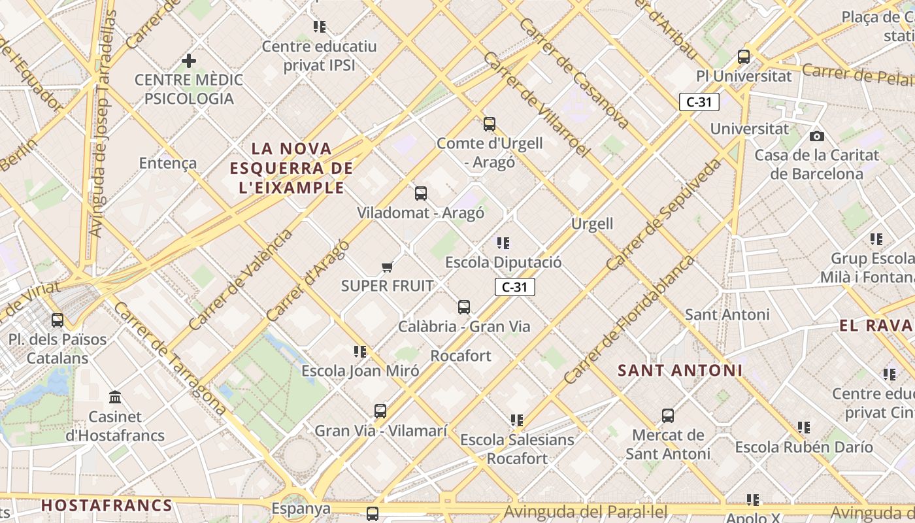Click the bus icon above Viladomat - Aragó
click(421, 194)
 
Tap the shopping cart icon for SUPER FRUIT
click(388, 267)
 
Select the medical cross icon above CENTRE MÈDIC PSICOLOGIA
click(189, 61)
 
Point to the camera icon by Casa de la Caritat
click(816, 136)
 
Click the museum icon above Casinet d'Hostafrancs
click(116, 397)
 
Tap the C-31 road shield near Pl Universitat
click(699, 102)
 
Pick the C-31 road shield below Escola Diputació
click(514, 287)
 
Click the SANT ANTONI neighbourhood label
click(680, 371)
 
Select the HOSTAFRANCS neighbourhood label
click(107, 505)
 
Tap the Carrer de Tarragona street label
click(171, 358)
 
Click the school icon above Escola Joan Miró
click(359, 352)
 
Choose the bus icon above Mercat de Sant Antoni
click(667, 416)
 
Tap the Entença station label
click(168, 163)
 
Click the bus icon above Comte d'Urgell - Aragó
click(490, 124)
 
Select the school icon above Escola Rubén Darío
click(803, 428)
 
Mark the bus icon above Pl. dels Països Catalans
click(58, 320)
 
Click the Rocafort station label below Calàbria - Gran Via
click(461, 356)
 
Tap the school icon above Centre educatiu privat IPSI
click(319, 27)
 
